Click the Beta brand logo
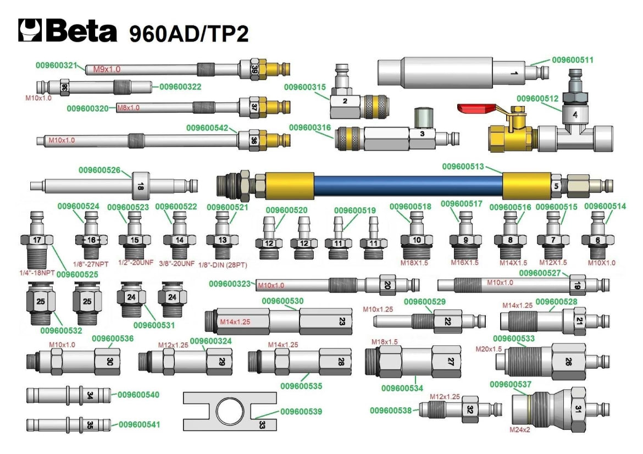point(68,31)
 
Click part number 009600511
point(573,59)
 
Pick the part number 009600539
point(301,411)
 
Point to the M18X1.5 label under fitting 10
point(416,263)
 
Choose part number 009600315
point(304,87)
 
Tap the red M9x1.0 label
point(106,69)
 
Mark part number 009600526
point(99,170)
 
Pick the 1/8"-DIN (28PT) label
point(223,265)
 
